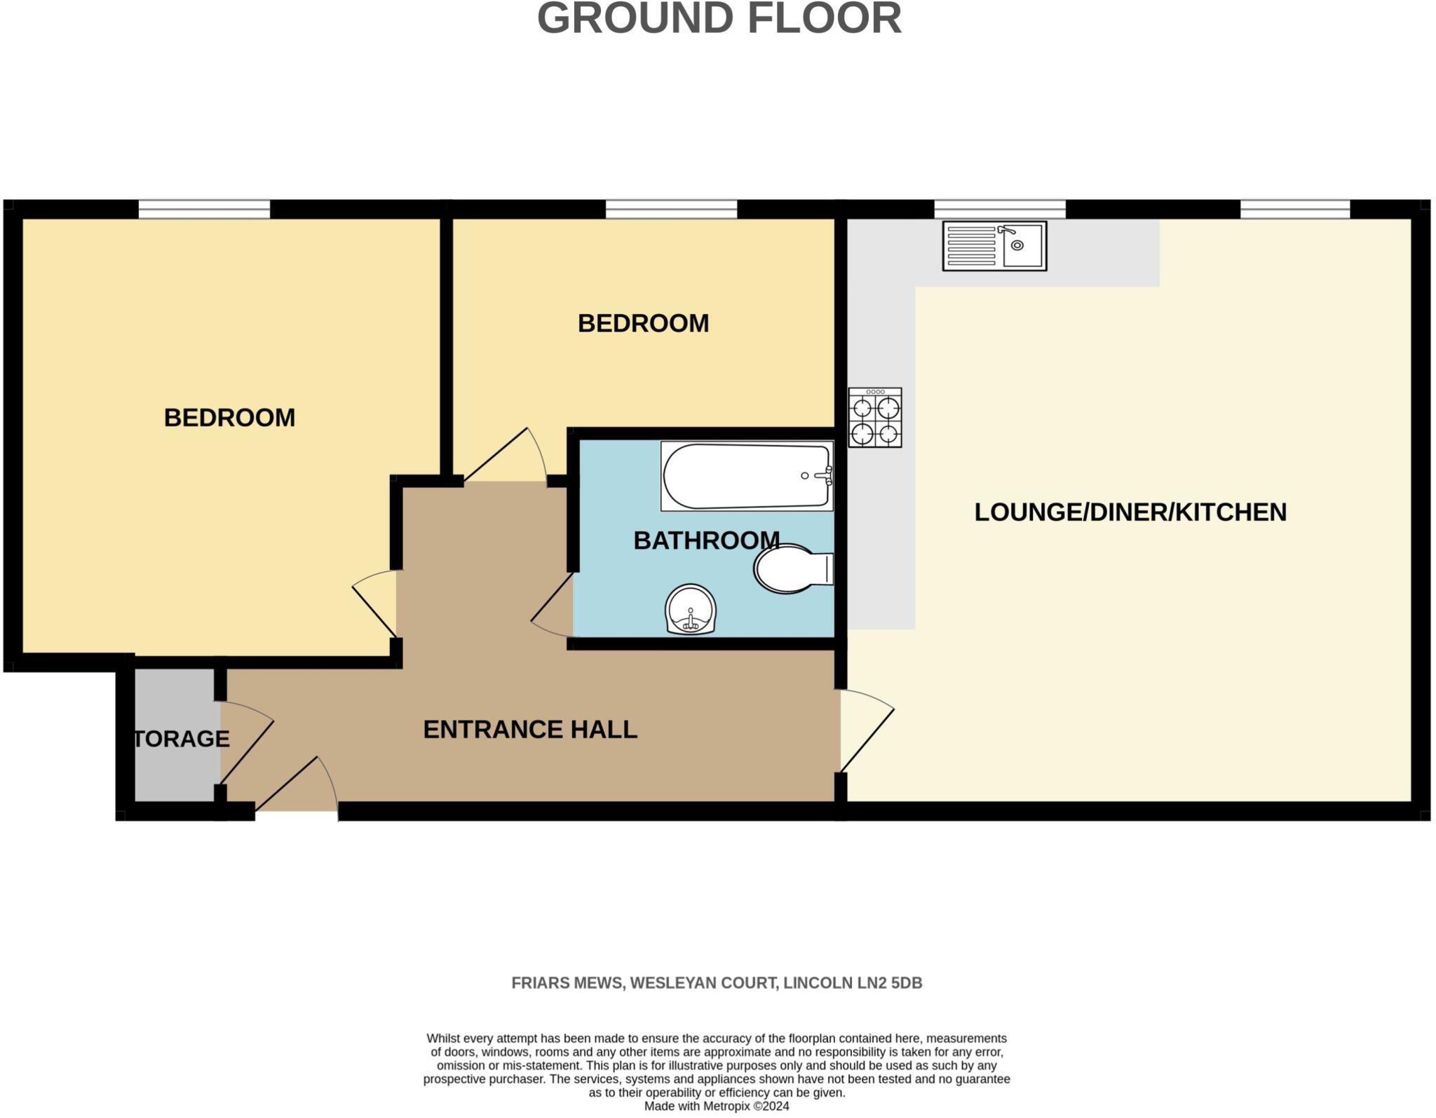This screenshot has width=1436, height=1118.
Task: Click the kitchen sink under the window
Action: click(994, 246)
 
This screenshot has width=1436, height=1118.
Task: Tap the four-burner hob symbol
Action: click(874, 418)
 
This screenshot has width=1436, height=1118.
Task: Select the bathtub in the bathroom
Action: click(747, 476)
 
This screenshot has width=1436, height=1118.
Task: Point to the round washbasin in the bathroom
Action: click(691, 609)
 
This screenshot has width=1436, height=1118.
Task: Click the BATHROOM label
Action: click(706, 540)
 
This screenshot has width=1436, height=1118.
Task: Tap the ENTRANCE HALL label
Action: click(530, 730)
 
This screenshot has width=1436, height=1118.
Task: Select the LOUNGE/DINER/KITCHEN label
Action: click(1130, 512)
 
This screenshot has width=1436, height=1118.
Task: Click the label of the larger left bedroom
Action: click(229, 418)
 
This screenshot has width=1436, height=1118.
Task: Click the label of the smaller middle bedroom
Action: click(643, 323)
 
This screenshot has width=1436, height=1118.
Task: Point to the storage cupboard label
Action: click(181, 739)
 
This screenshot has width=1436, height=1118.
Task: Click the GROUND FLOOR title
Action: click(719, 19)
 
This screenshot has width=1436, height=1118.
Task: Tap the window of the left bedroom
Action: click(204, 209)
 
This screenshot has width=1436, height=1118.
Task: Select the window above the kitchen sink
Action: click(999, 209)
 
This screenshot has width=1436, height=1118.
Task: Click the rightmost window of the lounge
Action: click(1294, 209)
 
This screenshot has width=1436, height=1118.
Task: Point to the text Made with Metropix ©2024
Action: click(717, 1107)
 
